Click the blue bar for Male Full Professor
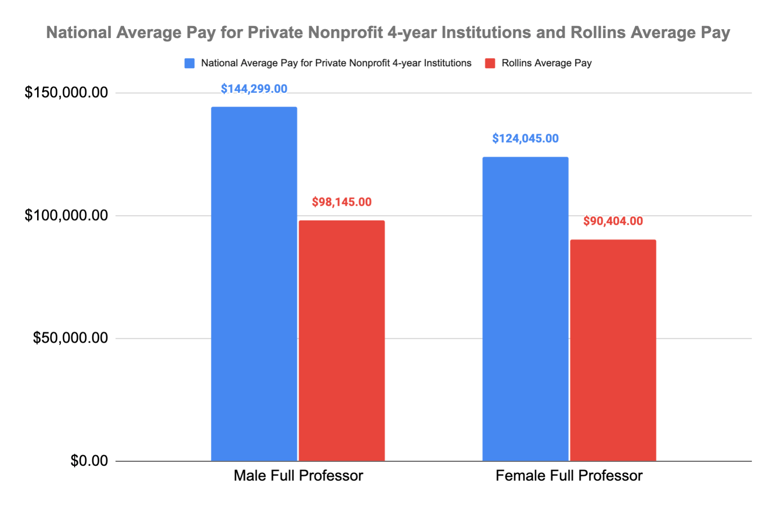point(254,284)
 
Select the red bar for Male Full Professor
point(342,340)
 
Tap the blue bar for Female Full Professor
point(525,309)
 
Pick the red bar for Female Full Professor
point(613,350)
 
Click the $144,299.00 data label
point(254,89)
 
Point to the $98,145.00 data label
point(342,202)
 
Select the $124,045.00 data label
point(525,139)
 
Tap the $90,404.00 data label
point(613,221)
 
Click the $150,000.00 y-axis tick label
point(66,93)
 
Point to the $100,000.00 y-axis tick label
point(66,216)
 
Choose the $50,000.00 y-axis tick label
point(70,338)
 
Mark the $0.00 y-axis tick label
point(89,461)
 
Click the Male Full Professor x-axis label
point(298,476)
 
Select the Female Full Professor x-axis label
point(569,476)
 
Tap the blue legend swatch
point(190,63)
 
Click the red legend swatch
point(490,63)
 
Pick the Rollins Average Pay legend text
point(547,63)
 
